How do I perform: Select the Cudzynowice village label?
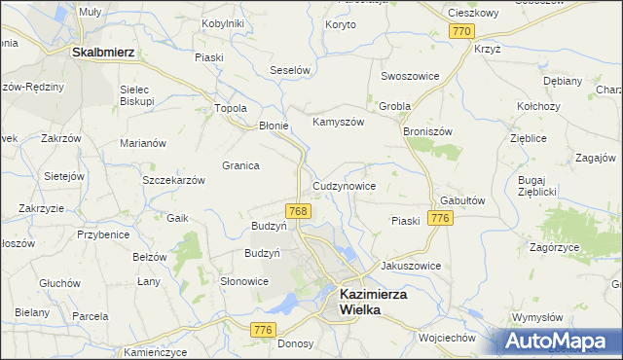pyautogui.click(x=344, y=185)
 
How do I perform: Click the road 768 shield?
pyautogui.click(x=299, y=211)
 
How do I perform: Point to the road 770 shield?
pyautogui.click(x=461, y=32)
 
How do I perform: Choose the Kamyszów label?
pyautogui.click(x=338, y=123)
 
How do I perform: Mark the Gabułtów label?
pyautogui.click(x=462, y=198)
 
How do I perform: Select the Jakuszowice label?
pyautogui.click(x=411, y=266)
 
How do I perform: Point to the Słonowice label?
pyautogui.click(x=244, y=281)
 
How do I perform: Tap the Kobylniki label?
pyautogui.click(x=223, y=22)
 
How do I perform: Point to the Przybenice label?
pyautogui.click(x=105, y=234)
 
